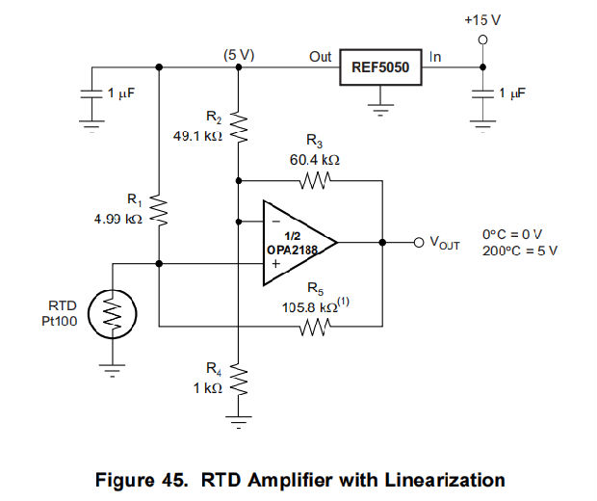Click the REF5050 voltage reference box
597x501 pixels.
click(381, 67)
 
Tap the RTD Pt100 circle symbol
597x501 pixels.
click(115, 313)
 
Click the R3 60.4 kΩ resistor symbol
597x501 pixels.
click(315, 179)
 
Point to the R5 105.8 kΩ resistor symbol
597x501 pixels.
click(315, 328)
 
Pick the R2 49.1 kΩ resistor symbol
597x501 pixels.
click(238, 122)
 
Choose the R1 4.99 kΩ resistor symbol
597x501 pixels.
click(159, 211)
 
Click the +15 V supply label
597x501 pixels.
click(481, 20)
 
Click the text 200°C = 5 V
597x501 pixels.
click(520, 250)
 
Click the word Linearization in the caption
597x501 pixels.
click(438, 480)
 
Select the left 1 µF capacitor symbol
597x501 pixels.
click(92, 94)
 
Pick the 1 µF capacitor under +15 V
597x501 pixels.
click(482, 94)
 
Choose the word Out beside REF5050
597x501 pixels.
click(320, 56)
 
